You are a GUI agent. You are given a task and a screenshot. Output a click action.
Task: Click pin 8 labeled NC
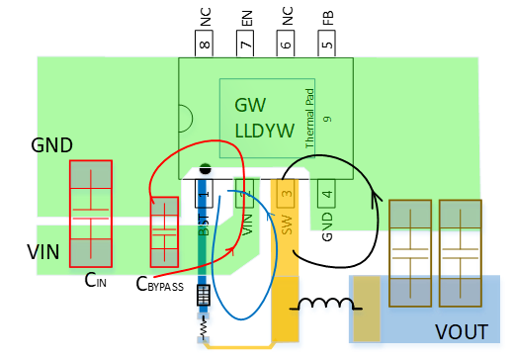tap(205, 44)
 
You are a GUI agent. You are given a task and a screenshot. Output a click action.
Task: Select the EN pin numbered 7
tap(245, 44)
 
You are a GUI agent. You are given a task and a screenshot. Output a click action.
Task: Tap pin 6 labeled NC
tap(286, 44)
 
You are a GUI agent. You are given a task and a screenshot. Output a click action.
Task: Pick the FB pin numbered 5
tap(326, 44)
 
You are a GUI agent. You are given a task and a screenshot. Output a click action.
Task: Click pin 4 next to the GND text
tap(327, 195)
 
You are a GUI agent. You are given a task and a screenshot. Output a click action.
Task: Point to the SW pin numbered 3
tap(286, 195)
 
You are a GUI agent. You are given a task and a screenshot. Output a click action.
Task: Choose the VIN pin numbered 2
tap(245, 195)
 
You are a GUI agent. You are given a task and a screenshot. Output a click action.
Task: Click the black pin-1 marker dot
tap(205, 169)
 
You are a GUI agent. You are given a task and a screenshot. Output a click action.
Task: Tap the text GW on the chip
tap(251, 105)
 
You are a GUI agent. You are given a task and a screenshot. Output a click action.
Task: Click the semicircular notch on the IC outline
tap(185, 118)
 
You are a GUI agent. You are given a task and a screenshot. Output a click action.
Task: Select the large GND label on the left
tap(51, 145)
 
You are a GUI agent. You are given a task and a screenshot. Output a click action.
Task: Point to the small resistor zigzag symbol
tap(204, 324)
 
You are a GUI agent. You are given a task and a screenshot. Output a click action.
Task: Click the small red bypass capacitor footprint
tap(163, 230)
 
